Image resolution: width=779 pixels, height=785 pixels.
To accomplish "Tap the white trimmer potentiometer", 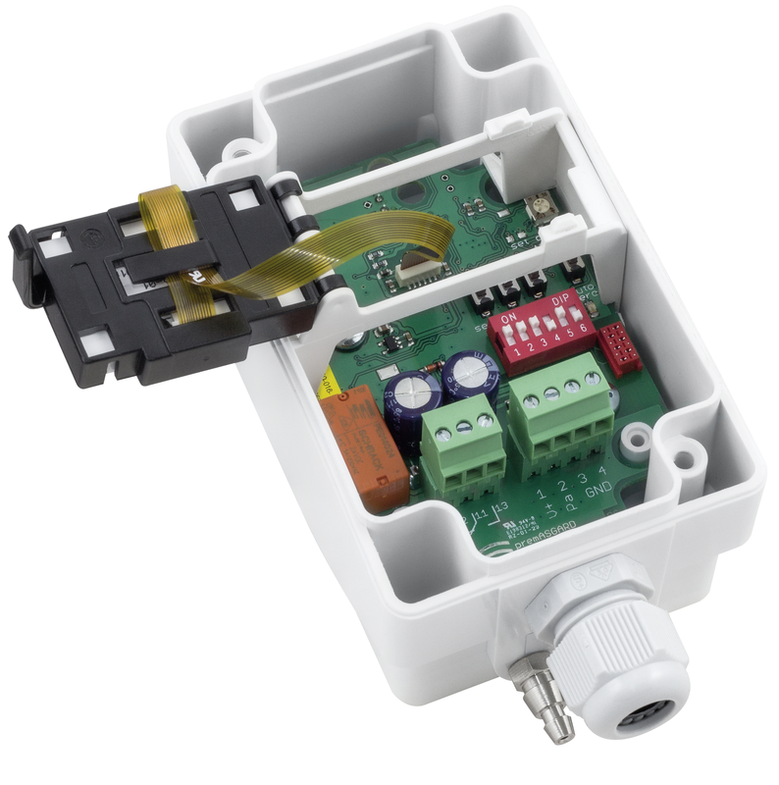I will (x=538, y=206).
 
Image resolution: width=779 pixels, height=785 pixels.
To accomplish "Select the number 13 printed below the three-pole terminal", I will (x=502, y=507).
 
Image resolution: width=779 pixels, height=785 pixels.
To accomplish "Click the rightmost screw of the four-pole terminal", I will (x=591, y=376).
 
